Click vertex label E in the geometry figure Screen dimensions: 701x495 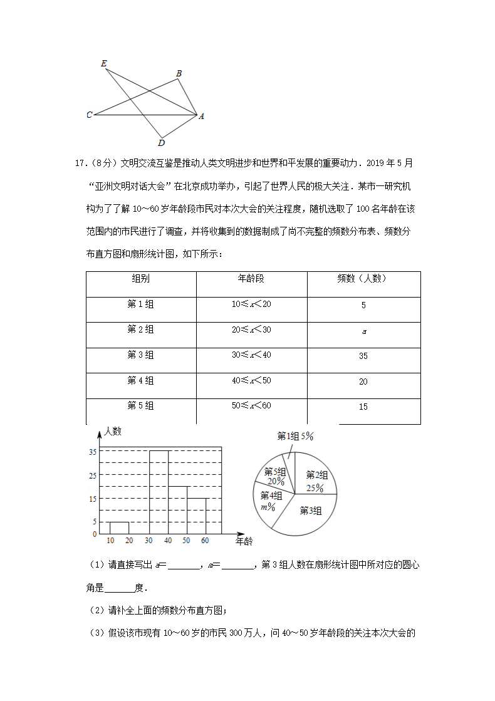coord(103,63)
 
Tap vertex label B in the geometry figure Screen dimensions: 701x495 coord(179,74)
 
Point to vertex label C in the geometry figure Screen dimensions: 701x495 coord(90,115)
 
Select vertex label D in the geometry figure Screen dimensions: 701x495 coord(162,143)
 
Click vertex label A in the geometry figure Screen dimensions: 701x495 coord(201,116)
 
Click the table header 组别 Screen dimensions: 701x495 coord(140,279)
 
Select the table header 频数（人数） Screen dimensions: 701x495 coord(363,279)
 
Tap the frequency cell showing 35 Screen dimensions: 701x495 coord(363,356)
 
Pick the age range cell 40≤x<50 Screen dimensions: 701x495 coord(251,380)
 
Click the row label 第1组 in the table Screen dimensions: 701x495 coord(140,304)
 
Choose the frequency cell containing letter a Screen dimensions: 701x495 coord(363,331)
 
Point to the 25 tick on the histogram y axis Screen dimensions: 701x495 coord(93,475)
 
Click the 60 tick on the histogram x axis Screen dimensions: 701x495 coord(204,541)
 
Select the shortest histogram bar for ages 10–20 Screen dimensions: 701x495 coord(119,528)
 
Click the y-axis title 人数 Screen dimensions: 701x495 coord(113,432)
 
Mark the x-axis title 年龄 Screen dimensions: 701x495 coord(244,541)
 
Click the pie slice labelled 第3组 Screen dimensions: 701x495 coord(310,511)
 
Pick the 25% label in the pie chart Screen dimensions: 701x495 coord(315,488)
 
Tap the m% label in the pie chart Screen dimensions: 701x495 coord(268,506)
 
